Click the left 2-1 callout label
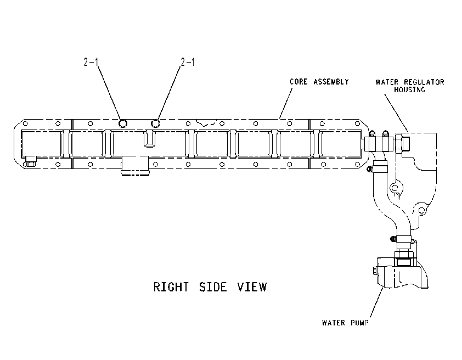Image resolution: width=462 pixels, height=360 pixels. click(91, 62)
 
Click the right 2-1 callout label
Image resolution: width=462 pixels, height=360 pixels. click(188, 62)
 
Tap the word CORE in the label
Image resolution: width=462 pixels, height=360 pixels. click(298, 82)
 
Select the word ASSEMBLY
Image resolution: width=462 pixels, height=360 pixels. click(331, 82)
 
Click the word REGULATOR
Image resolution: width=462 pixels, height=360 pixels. click(424, 82)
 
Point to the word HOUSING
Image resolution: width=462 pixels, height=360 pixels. click(410, 89)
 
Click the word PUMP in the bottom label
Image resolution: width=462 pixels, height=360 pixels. click(359, 323)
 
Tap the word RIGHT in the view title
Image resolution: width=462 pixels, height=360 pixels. click(171, 287)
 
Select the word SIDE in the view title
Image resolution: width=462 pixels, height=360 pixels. click(213, 287)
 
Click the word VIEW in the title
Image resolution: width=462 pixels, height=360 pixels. click(252, 287)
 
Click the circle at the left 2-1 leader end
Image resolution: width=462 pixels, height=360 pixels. click(123, 123)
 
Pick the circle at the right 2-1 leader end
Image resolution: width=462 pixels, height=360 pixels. click(155, 123)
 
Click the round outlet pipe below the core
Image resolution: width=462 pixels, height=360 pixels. click(135, 166)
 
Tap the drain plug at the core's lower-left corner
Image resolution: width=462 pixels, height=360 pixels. click(30, 162)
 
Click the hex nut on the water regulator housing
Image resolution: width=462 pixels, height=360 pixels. click(398, 143)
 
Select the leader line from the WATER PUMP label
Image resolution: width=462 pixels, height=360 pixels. click(376, 303)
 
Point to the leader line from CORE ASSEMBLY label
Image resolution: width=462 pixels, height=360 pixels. click(286, 103)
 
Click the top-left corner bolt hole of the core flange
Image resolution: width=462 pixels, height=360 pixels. click(25, 123)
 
